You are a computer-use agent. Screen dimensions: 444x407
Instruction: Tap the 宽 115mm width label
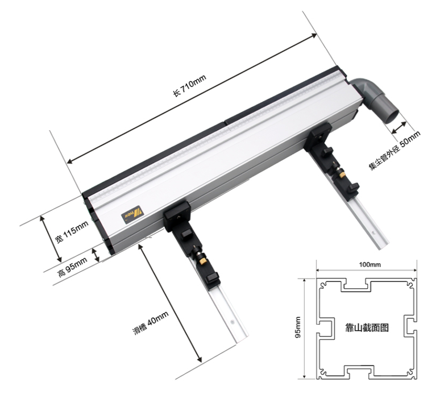coord(72,232)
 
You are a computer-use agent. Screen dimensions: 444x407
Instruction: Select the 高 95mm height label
coord(73,267)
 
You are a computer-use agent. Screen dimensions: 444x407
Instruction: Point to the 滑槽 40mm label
coord(151,322)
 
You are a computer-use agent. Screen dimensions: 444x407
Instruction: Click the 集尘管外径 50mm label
coord(395,151)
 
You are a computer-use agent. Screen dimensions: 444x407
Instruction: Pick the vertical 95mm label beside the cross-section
coord(298,327)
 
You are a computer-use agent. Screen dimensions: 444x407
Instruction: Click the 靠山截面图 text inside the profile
coord(367,327)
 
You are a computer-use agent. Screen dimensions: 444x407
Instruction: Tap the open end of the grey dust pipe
coord(392,117)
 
